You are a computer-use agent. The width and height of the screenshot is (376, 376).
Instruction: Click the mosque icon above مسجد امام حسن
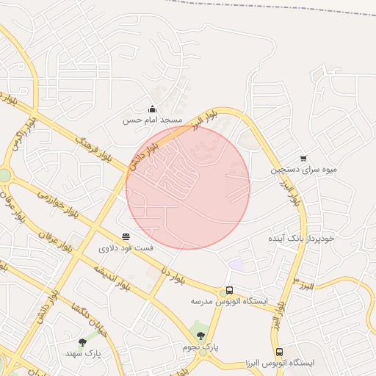coord(152,109)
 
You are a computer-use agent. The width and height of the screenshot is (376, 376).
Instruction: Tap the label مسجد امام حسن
coord(152,120)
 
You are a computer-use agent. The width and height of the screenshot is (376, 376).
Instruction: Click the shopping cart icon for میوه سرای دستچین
coord(303,158)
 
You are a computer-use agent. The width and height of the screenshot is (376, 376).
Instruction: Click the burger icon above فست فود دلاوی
coord(126,236)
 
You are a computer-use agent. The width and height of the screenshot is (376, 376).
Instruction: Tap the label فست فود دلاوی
coord(126,248)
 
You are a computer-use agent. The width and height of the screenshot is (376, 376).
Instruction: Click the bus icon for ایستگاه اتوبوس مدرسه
coord(229,290)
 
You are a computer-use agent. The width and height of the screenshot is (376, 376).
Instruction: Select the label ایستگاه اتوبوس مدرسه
coord(229,301)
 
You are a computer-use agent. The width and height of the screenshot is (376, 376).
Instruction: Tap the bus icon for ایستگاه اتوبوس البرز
coord(279,352)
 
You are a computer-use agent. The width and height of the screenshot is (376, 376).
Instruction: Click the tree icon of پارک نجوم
coord(201,336)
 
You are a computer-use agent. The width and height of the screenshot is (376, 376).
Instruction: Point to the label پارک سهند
coord(82,353)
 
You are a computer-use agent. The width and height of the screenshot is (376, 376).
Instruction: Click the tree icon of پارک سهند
coord(82,342)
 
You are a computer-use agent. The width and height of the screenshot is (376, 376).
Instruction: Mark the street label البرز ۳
coord(303,284)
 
